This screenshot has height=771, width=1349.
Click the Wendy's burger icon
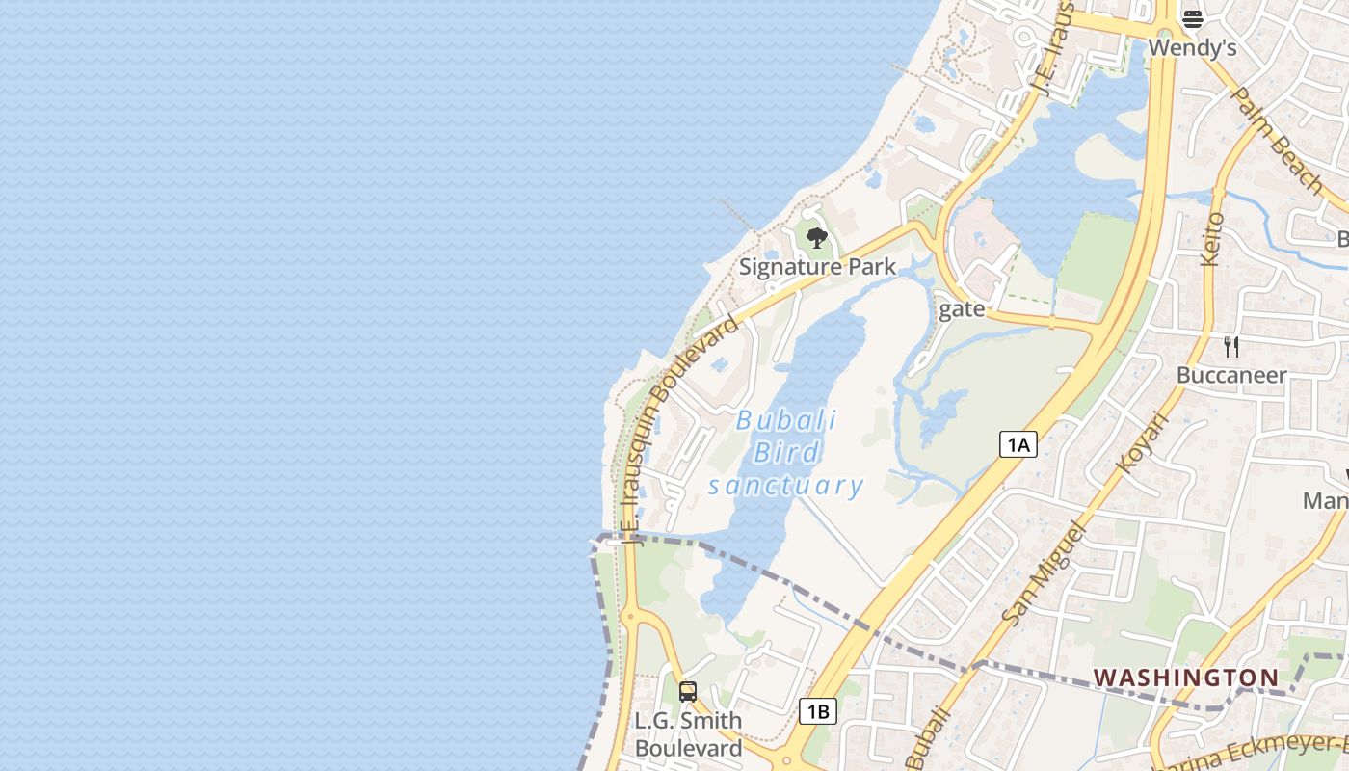[x=1192, y=18]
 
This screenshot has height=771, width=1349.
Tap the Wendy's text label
[x=1192, y=47]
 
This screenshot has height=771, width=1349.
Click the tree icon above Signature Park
[x=817, y=238]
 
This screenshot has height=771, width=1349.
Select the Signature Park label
[x=817, y=267]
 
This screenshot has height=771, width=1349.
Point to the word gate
[x=962, y=308]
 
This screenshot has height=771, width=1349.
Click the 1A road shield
[x=1018, y=444]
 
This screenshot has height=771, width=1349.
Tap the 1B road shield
[x=817, y=712]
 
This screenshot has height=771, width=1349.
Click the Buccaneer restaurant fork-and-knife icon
[x=1231, y=346]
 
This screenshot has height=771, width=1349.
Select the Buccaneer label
[x=1231, y=375]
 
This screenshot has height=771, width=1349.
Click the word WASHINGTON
[x=1185, y=678]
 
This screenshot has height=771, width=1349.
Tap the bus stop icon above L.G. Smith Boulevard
[x=687, y=691]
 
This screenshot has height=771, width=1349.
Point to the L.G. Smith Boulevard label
[x=688, y=734]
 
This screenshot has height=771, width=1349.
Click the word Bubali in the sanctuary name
[x=786, y=421]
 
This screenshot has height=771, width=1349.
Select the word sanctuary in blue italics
[x=785, y=485]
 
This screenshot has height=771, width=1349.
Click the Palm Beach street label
[x=1278, y=140]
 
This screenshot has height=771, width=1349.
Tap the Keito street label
[x=1212, y=240]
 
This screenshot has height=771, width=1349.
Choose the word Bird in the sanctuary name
[x=786, y=453]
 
